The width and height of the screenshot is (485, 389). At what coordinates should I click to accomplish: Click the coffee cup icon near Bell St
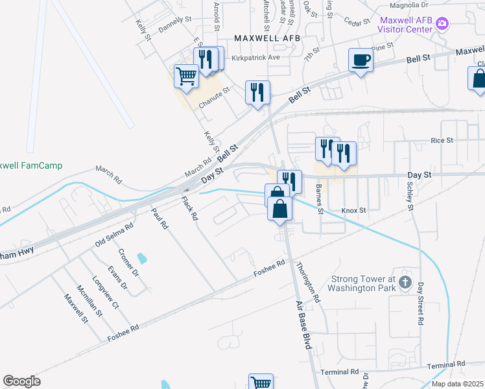[x=361, y=60]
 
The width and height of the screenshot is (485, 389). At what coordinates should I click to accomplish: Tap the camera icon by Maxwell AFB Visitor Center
[x=443, y=24]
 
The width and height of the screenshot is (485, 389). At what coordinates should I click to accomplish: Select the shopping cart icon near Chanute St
[x=187, y=76]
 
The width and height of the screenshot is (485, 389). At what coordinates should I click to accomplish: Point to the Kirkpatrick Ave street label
[x=255, y=58]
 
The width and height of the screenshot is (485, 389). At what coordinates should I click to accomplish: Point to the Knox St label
[x=354, y=211]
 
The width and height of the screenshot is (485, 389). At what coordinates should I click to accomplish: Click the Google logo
[x=22, y=381]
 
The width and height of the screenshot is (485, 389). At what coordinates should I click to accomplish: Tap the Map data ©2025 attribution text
[x=457, y=384]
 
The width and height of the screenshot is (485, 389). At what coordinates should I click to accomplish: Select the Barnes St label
[x=319, y=198]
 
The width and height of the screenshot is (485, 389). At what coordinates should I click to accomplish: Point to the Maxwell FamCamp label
[x=31, y=165]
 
